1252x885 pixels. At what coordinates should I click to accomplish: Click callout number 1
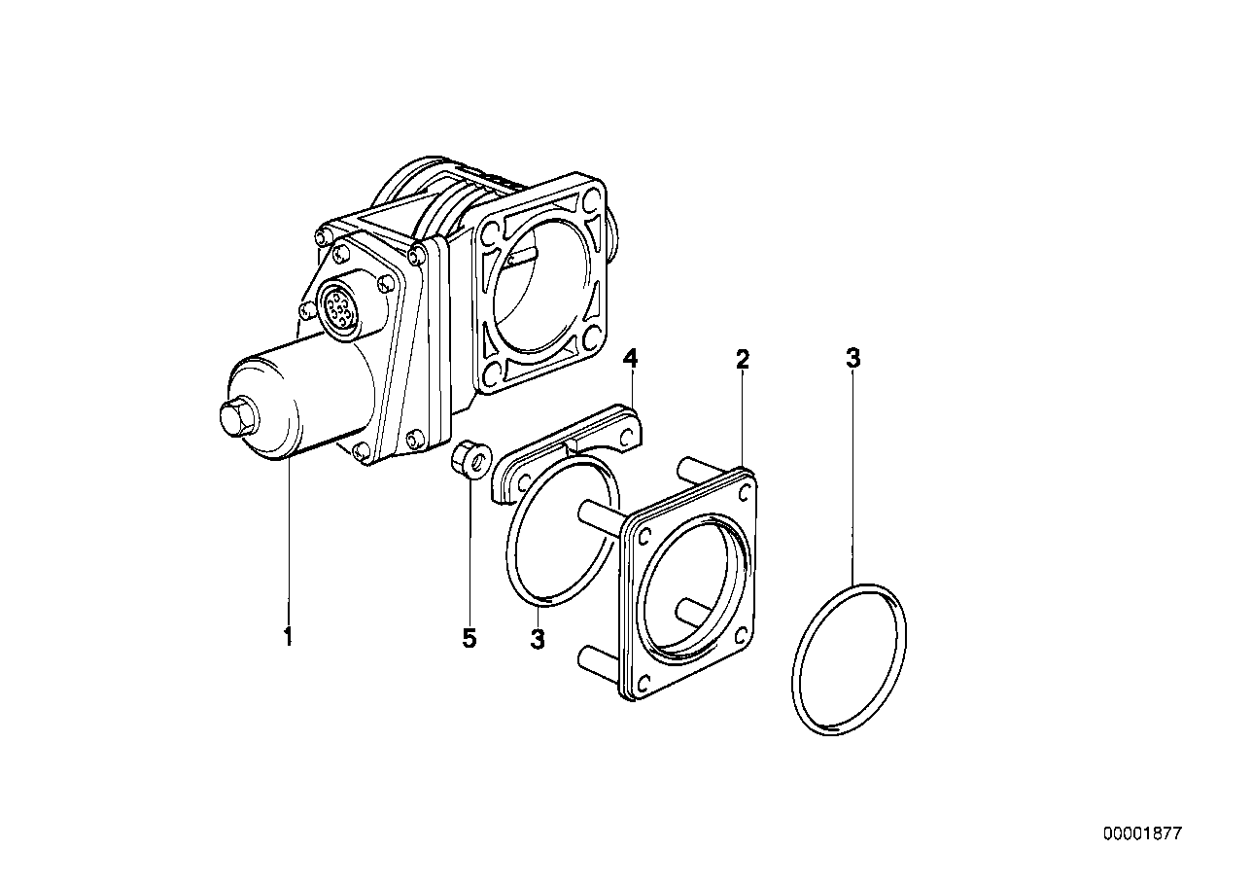[x=288, y=638]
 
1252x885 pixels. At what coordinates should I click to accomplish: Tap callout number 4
[x=630, y=360]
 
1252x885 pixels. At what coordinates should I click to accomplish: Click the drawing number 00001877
[x=1142, y=833]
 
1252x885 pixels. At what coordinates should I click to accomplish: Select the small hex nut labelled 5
[x=466, y=459]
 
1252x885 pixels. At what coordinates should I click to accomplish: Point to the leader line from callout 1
[x=288, y=545]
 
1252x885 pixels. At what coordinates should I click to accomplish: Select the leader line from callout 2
[x=743, y=418]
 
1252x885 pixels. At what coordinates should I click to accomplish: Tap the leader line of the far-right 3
[x=852, y=477]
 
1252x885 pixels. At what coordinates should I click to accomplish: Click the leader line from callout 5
[x=469, y=554]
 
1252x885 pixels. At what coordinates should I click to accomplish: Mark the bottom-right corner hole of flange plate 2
[x=742, y=635]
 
